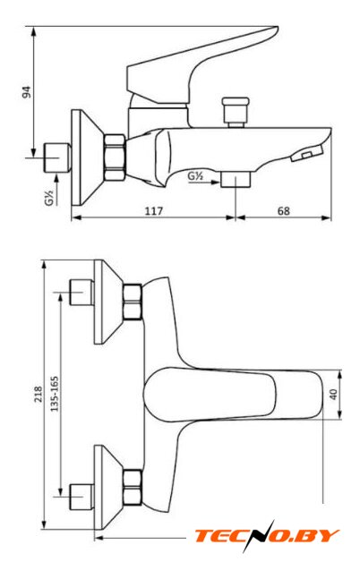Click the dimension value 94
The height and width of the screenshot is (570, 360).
(27, 92)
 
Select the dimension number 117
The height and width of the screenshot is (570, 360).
(154, 211)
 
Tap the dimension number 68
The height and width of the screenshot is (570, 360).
(284, 211)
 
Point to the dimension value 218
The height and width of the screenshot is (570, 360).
(39, 395)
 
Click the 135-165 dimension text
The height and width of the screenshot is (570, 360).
(55, 394)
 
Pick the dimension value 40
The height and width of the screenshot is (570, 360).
(333, 394)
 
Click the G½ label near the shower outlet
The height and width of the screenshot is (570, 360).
(195, 176)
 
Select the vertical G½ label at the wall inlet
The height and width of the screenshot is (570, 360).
(49, 198)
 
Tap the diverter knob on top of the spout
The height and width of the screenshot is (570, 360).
(236, 112)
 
